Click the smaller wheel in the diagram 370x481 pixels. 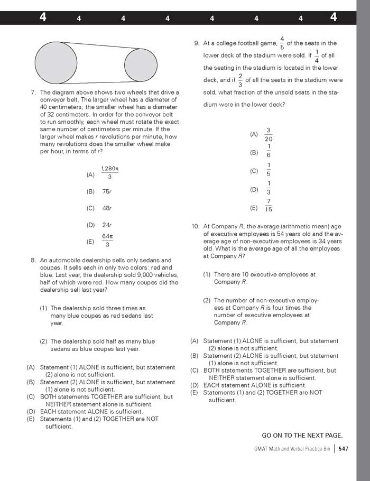point(141,64)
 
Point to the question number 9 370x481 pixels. point(197,43)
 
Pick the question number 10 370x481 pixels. point(195,226)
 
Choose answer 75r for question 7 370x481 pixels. point(107,191)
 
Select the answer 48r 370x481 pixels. point(107,208)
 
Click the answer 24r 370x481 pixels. point(107,225)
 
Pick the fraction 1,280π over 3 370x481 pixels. point(110,173)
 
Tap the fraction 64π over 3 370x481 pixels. point(108,240)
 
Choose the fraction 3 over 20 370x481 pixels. point(269,134)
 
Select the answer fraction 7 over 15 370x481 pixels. point(269,206)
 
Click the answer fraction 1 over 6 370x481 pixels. point(269,151)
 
